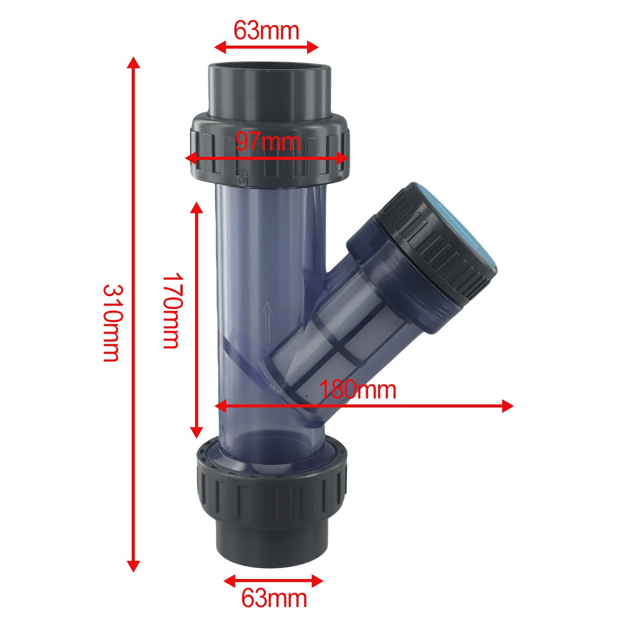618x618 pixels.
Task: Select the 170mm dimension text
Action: pyautogui.click(x=171, y=311)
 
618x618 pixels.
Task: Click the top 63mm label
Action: pyautogui.click(x=267, y=31)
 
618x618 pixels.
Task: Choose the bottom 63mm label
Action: pyautogui.click(x=274, y=598)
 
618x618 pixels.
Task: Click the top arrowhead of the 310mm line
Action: pyautogui.click(x=134, y=62)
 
